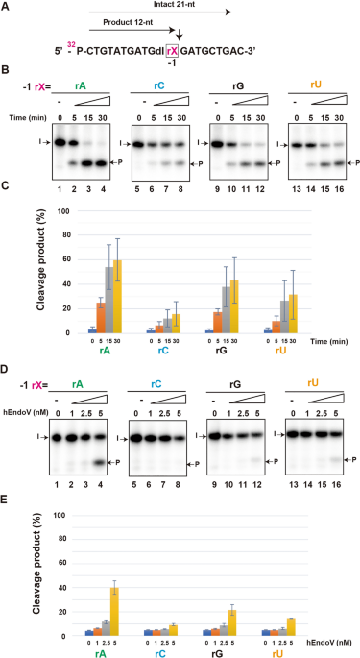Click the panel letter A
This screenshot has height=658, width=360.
click(6, 7)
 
